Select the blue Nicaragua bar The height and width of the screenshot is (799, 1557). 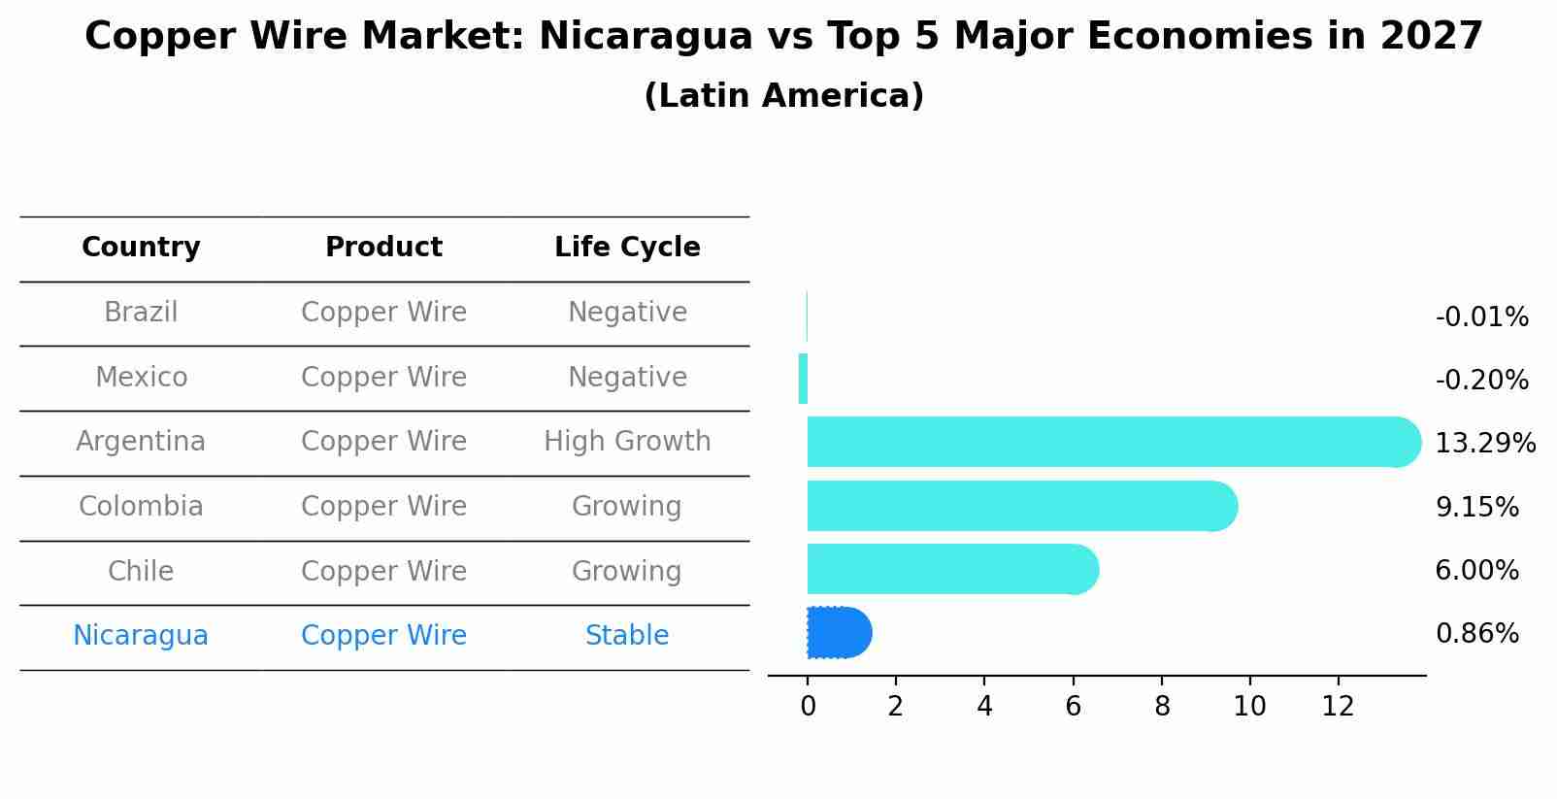click(838, 633)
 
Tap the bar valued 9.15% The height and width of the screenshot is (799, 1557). click(1019, 506)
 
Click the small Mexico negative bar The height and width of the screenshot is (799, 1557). click(803, 379)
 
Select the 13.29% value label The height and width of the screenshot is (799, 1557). click(1484, 444)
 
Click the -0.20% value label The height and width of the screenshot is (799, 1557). click(1481, 381)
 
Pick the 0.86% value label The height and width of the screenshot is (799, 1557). click(1476, 634)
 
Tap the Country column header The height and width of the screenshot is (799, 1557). click(141, 248)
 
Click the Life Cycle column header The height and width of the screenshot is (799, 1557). click(627, 248)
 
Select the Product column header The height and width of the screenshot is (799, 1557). click(383, 248)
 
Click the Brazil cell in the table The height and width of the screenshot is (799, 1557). click(141, 313)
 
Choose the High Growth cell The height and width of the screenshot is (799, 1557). click(627, 442)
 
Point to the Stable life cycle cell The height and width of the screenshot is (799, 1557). click(627, 636)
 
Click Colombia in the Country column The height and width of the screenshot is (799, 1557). click(141, 507)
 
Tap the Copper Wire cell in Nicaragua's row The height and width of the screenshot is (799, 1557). click(383, 636)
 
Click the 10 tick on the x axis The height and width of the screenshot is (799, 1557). click(1249, 707)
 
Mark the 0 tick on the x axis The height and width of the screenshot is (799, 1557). click(808, 707)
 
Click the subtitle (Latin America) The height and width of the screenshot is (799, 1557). click(783, 96)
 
